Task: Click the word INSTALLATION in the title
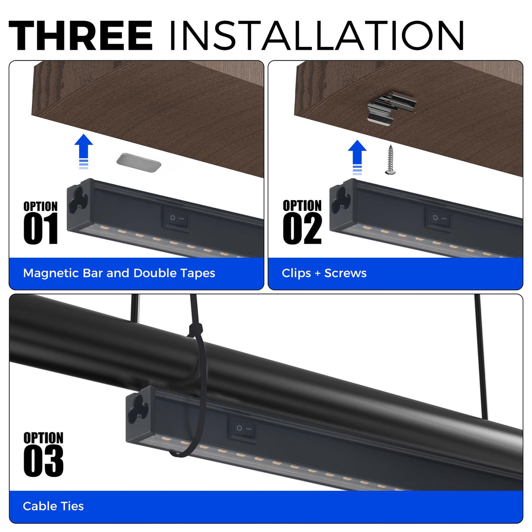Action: pos(317,35)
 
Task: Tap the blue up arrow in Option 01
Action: pos(84,151)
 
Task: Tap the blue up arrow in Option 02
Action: pos(357,157)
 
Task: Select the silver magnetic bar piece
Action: pos(139,163)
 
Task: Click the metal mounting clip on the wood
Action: pos(391,108)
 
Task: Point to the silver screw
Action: pos(390,160)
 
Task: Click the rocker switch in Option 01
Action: pos(176,219)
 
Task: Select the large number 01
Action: pos(41,229)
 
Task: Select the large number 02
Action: pos(302,229)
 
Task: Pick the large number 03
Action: pos(43,461)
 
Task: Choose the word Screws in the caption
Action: pos(345,273)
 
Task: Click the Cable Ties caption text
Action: pos(53,506)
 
